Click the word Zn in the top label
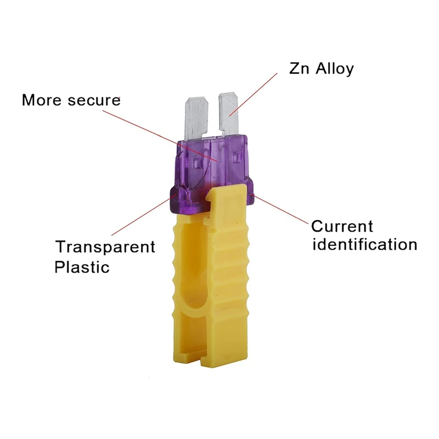pyautogui.click(x=300, y=69)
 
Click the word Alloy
pyautogui.click(x=333, y=69)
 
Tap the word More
pyautogui.click(x=43, y=100)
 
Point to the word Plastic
pyautogui.click(x=82, y=267)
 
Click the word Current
pyautogui.click(x=342, y=226)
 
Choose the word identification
pyautogui.click(x=364, y=244)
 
